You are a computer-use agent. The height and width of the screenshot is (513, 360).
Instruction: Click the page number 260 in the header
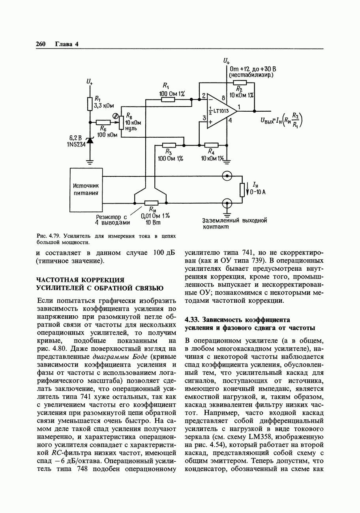coord(41,44)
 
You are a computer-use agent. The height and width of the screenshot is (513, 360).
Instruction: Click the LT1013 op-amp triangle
coord(220,111)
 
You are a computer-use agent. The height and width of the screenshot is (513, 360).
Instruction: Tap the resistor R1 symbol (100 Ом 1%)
coord(168,99)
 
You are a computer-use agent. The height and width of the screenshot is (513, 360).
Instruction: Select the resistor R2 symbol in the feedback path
coord(240,82)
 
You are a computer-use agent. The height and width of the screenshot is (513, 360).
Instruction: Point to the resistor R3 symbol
coord(169,145)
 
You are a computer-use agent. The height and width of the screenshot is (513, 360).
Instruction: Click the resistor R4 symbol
coord(211,145)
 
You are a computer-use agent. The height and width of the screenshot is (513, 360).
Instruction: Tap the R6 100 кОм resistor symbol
coord(103,123)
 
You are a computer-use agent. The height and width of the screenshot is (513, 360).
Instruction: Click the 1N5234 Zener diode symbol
coord(90,140)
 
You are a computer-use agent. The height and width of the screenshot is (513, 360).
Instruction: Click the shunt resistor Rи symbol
coord(152,203)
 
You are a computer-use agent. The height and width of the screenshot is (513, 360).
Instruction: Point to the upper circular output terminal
coord(227,176)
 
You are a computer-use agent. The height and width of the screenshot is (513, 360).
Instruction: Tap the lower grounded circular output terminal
coord(227,203)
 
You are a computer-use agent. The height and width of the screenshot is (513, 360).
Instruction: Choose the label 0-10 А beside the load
coord(257,192)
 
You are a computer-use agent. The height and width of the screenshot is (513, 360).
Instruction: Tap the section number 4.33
coord(193,319)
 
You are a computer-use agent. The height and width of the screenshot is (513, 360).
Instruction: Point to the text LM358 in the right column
coord(260,437)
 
